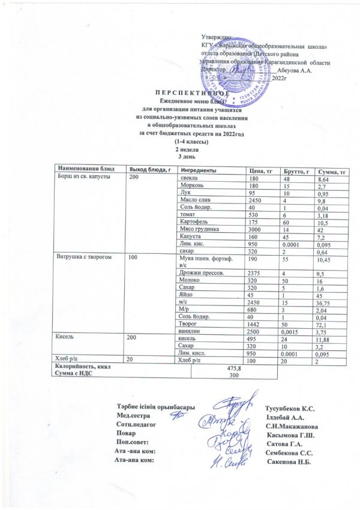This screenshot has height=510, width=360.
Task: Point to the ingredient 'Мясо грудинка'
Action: pyautogui.click(x=200, y=229)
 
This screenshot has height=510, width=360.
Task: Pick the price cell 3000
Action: pyautogui.click(x=256, y=229)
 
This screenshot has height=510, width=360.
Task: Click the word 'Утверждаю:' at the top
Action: pyautogui.click(x=218, y=37)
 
